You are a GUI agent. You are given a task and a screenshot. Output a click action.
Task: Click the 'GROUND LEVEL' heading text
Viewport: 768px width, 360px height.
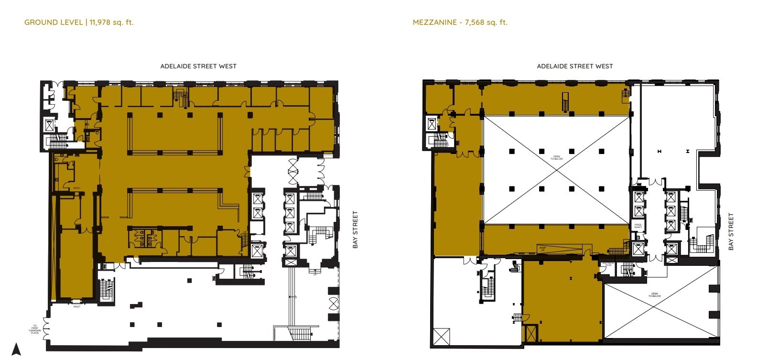[x=54, y=22]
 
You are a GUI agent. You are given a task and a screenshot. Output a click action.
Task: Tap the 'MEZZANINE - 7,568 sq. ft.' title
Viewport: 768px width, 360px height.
[x=460, y=22]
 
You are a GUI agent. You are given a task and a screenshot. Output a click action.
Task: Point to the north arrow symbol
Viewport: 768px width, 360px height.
[x=16, y=349]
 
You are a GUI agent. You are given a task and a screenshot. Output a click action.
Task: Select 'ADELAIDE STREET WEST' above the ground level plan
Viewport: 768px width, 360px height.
[x=198, y=66]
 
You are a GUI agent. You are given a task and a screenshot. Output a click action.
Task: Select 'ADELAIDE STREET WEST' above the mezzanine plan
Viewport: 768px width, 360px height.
[x=574, y=66]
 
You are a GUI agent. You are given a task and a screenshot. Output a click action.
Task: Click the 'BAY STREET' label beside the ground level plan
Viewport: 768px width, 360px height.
[x=355, y=229]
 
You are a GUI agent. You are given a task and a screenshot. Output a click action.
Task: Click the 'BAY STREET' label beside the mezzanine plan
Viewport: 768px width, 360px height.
[x=731, y=232]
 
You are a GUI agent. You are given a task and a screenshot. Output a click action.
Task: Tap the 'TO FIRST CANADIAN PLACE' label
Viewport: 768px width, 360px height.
[x=35, y=329]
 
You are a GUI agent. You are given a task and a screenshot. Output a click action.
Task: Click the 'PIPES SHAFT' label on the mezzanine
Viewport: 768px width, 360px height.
[x=638, y=226]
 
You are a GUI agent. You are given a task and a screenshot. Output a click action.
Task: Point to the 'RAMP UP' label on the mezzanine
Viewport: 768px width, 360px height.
[x=542, y=249]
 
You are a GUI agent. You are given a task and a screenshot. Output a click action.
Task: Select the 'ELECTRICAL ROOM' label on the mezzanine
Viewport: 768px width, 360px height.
[x=608, y=264]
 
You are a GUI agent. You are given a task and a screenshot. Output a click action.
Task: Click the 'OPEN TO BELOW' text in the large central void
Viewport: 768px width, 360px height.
[x=556, y=158]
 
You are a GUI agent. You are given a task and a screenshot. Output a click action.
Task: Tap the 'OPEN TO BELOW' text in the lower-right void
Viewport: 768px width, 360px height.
[x=654, y=295]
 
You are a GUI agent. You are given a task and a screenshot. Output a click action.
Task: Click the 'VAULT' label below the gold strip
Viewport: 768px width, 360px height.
[x=76, y=306]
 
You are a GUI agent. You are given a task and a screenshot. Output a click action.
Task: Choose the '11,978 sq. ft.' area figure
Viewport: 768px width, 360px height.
[x=111, y=22]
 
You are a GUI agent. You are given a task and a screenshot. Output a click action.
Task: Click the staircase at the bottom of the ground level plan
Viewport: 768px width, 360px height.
[x=299, y=333]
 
